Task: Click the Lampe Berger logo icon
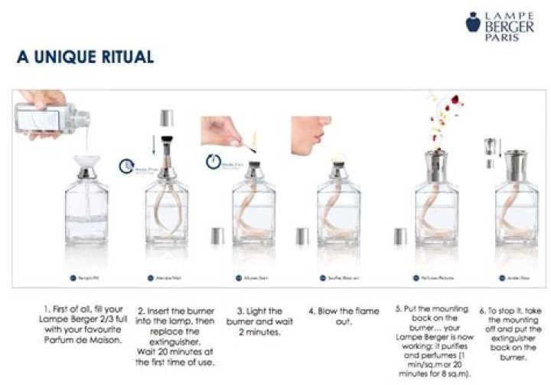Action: point(473,23)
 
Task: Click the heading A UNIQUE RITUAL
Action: point(85,57)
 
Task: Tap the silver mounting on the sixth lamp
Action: point(515,163)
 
